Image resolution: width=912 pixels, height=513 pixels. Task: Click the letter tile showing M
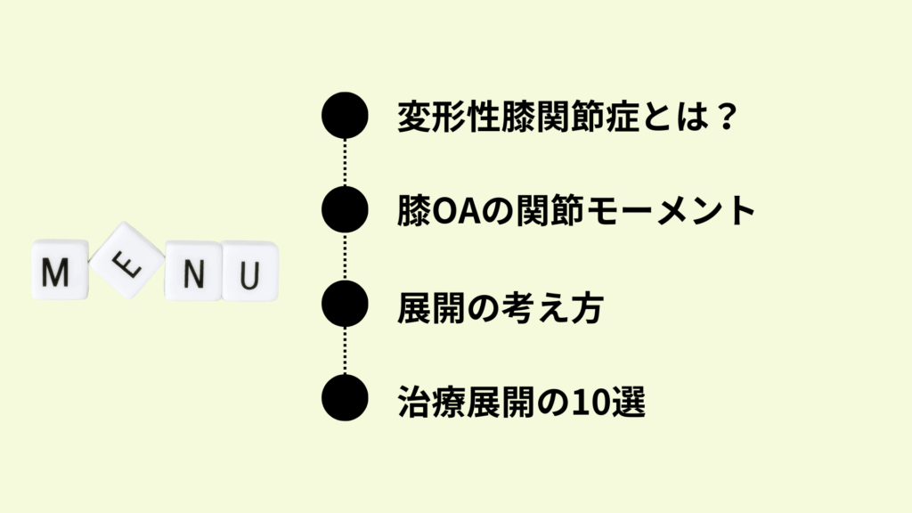[x=60, y=269]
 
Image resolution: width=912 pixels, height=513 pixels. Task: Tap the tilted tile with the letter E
[x=126, y=261]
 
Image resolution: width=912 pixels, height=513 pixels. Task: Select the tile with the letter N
[x=193, y=272]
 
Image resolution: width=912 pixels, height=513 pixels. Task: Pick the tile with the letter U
[x=250, y=272]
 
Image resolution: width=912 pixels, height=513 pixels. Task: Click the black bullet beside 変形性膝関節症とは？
[x=345, y=115]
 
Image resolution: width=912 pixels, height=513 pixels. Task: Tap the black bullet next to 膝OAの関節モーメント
[x=345, y=209]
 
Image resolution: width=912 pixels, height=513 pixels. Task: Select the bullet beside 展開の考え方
[x=345, y=304]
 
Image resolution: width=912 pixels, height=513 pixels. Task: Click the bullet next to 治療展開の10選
[x=345, y=398]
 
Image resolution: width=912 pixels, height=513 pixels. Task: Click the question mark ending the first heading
[x=727, y=116]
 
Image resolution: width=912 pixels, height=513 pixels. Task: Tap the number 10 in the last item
[x=590, y=403]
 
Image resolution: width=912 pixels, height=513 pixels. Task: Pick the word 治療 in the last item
[x=431, y=402]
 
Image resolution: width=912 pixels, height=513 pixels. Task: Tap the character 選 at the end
[x=628, y=402]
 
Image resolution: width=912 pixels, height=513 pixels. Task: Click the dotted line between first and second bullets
[x=345, y=162]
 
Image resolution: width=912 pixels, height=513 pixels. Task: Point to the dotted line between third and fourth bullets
[x=345, y=351]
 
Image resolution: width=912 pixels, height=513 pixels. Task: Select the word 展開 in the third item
[x=431, y=308]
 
